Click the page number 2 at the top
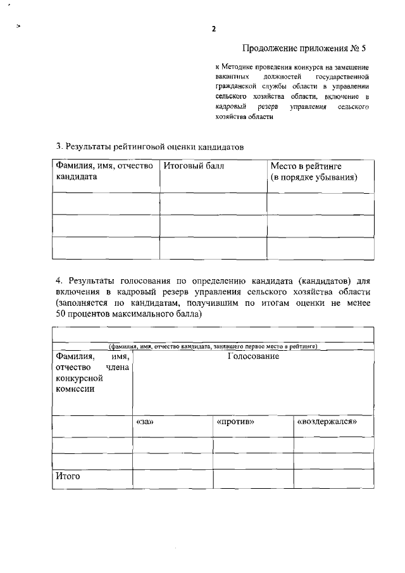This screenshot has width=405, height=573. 214,29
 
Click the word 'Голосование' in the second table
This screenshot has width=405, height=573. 253,356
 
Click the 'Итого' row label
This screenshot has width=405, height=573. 67,476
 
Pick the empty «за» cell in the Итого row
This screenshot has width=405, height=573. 172,479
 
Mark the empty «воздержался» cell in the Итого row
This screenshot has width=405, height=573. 333,479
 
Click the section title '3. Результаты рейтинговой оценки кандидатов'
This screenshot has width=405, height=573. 149,146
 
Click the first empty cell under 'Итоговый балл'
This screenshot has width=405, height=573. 213,203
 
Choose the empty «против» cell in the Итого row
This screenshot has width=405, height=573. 253,479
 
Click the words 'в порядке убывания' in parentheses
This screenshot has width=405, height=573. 314,177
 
